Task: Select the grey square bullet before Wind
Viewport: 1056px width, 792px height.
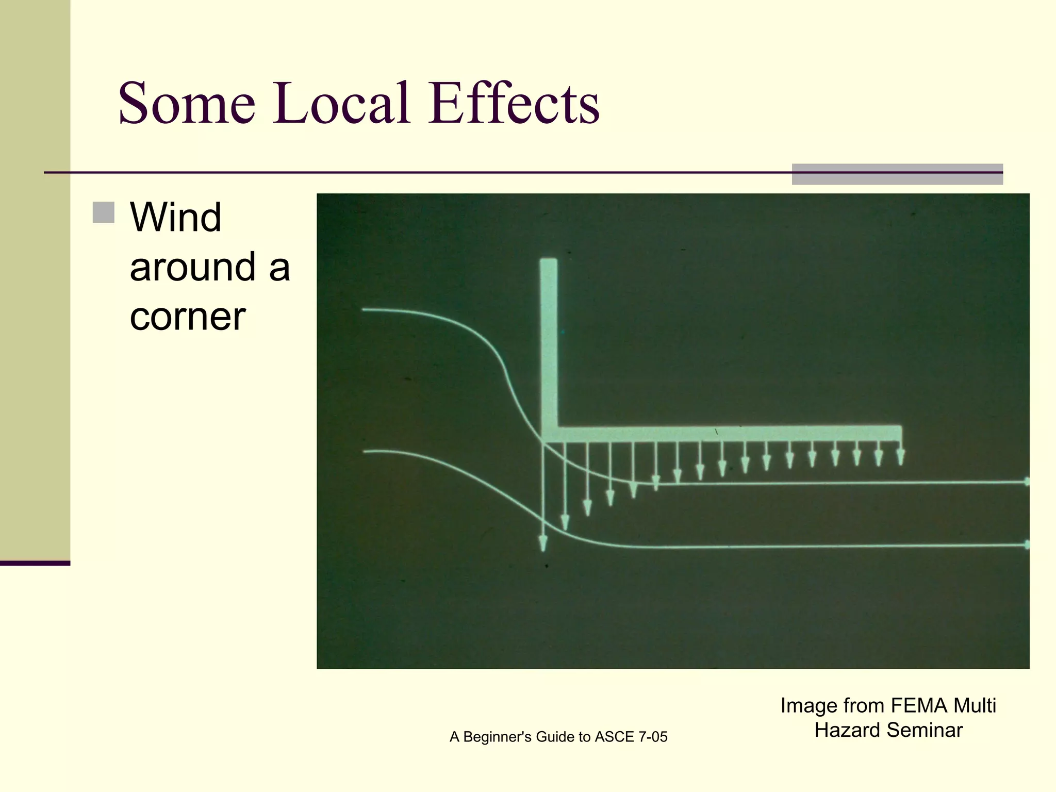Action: pos(104,212)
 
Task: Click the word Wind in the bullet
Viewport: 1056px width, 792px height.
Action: pos(175,218)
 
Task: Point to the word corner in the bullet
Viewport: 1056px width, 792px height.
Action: pos(187,317)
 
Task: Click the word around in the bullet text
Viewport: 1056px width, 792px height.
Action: pos(192,267)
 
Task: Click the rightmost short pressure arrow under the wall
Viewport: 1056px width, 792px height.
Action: pos(900,457)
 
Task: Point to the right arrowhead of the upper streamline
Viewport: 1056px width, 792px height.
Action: pos(1026,482)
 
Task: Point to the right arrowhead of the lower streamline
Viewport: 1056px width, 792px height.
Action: pos(1026,544)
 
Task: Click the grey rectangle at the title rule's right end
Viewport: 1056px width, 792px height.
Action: pos(897,174)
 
